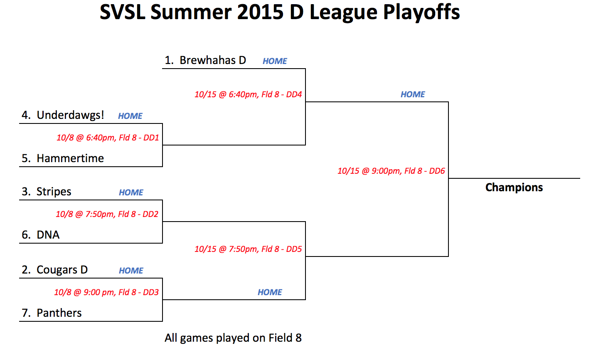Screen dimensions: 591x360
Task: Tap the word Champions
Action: point(514,187)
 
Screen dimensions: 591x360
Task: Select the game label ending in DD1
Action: point(108,138)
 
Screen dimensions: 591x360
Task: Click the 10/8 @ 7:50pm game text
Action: point(107,214)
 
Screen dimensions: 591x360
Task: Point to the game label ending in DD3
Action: point(106,292)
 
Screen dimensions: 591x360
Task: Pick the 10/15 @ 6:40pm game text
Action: point(248,94)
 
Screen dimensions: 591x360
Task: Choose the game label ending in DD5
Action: point(248,249)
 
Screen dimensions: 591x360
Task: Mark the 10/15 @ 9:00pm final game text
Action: point(391,171)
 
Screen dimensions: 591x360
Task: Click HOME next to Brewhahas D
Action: point(275,61)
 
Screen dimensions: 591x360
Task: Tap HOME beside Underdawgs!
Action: point(130,116)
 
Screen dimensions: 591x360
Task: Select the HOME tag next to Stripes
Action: point(131,192)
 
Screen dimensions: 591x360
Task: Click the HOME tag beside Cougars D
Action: point(131,271)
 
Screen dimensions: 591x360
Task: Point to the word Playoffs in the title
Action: point(421,12)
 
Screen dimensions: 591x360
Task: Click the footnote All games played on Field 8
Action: point(233,338)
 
